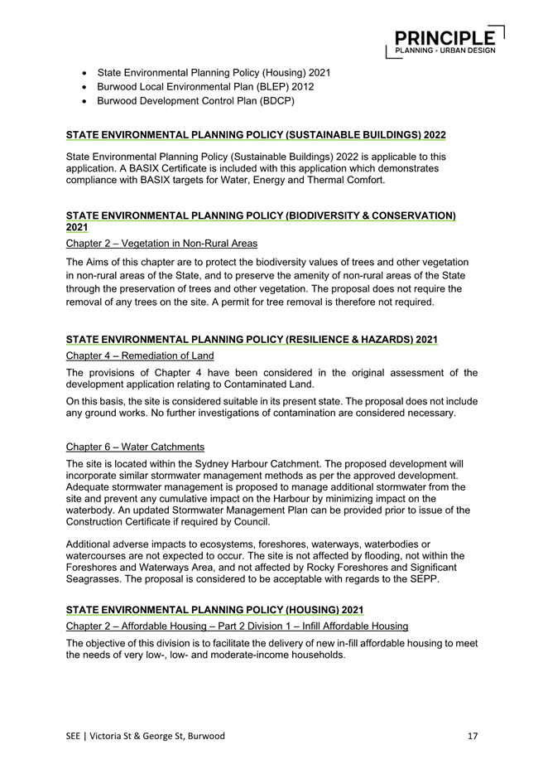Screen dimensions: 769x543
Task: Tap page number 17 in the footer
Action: pos(472,735)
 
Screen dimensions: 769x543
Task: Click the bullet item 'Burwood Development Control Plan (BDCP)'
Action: pos(195,100)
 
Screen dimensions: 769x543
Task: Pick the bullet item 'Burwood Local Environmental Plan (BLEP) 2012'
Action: pos(205,86)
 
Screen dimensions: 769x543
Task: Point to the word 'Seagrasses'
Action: pos(94,578)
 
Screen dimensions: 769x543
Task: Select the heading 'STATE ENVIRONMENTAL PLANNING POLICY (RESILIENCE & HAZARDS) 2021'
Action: pos(251,339)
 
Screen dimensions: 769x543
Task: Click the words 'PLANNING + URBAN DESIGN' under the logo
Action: pos(445,51)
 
